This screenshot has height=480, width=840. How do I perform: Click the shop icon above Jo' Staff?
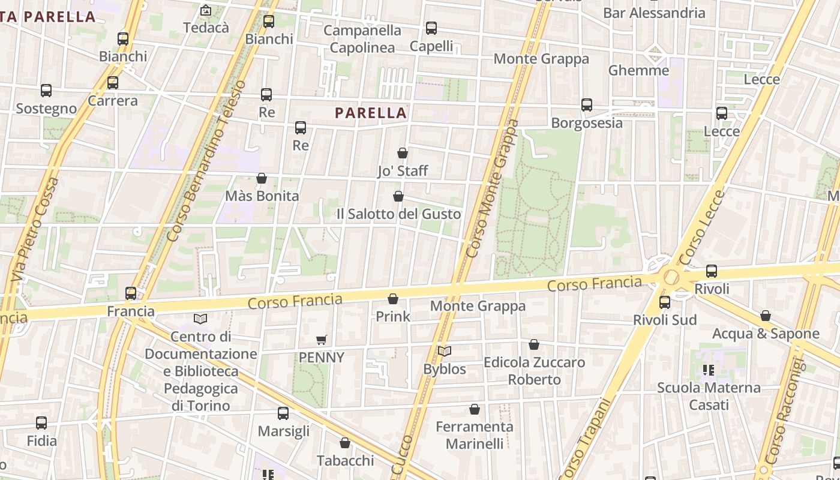point(403,153)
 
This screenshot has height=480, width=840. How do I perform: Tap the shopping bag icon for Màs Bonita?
point(262,178)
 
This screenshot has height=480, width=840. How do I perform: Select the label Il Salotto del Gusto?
point(398,214)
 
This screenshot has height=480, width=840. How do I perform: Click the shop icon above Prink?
point(393,298)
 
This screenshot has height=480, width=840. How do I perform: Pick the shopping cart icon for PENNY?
point(322,340)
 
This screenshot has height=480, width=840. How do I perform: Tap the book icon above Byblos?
point(444,351)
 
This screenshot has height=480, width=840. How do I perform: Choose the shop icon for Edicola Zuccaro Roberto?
point(534,344)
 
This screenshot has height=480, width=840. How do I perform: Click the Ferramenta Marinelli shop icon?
point(475,409)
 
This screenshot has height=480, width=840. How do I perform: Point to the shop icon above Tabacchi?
point(345,443)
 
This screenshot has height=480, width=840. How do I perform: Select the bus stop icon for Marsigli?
point(283,413)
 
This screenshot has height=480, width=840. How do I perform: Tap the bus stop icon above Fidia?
point(41,423)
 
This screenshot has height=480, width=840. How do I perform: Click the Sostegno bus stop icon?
point(46,91)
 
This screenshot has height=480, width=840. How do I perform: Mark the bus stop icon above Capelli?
point(431,28)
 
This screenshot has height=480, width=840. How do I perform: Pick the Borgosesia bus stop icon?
point(587,105)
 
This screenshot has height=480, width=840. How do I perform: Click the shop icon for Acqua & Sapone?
point(766,316)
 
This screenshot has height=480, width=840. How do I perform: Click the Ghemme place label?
point(638,70)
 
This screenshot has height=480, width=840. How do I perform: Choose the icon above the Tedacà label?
point(206,10)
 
